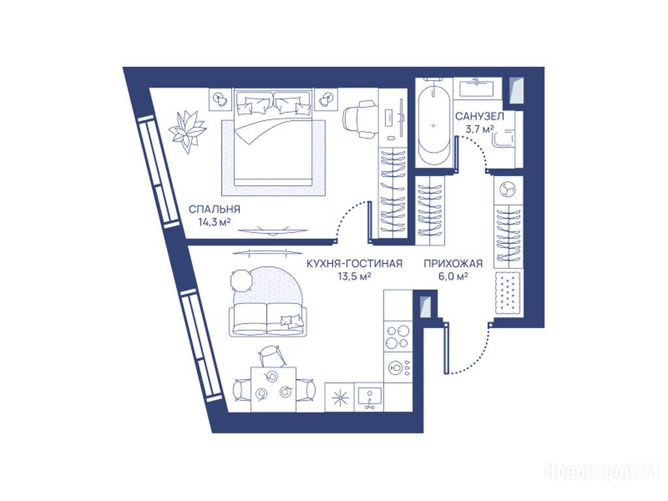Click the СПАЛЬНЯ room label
tap(214, 209)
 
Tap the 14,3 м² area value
tap(214, 222)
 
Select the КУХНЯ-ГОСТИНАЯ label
tap(354, 264)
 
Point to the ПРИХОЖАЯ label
tap(453, 264)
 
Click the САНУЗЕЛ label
tap(479, 116)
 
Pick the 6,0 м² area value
tap(453, 277)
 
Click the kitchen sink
tap(369, 397)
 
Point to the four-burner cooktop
tap(397, 337)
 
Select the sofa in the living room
tap(267, 320)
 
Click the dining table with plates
tap(273, 389)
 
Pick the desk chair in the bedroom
tap(361, 119)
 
